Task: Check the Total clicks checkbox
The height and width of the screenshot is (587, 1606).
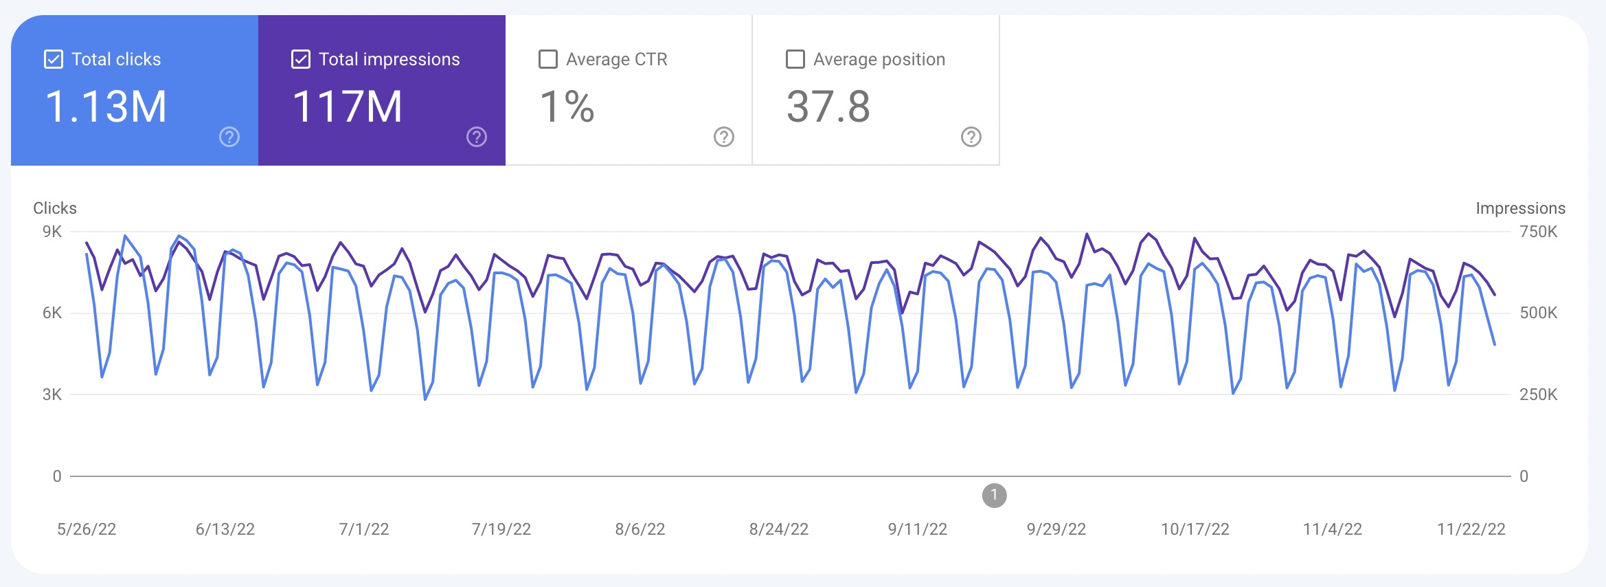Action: click(54, 60)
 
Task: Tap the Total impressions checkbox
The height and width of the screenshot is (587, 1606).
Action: click(301, 60)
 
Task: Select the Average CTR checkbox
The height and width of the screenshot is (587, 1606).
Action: click(548, 60)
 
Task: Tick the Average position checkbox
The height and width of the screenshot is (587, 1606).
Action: click(795, 60)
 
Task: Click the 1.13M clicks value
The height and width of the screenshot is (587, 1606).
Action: click(106, 107)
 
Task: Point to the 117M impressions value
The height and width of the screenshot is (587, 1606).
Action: click(348, 107)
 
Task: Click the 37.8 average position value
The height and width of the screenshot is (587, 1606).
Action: click(828, 107)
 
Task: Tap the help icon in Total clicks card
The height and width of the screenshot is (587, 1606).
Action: click(229, 137)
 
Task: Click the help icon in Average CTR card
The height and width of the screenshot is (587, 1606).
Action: click(724, 137)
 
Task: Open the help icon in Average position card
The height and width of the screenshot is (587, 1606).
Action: click(971, 137)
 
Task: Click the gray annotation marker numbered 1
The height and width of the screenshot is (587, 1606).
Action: click(994, 495)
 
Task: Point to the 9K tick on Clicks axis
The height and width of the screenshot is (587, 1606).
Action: click(52, 232)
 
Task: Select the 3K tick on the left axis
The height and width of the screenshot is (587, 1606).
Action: click(52, 395)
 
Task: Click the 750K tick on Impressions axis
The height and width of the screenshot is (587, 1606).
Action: click(1538, 232)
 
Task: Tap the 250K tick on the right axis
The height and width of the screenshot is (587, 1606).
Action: click(1538, 395)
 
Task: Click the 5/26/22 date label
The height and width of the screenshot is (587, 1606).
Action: click(87, 529)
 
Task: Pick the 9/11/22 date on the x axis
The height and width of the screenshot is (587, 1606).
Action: click(917, 529)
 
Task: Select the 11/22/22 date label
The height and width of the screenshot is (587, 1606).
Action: click(1471, 529)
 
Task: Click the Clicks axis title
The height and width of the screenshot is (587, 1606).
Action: click(55, 208)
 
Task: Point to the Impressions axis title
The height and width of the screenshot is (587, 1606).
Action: click(1520, 208)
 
